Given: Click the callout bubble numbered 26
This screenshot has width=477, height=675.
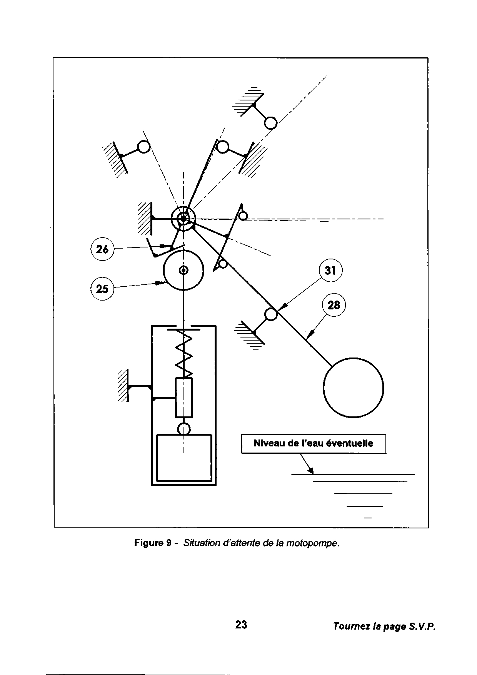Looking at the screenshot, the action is click(x=102, y=250).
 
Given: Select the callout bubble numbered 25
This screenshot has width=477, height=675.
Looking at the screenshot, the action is click(x=102, y=289).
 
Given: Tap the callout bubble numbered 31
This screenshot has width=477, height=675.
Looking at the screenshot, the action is click(x=330, y=271).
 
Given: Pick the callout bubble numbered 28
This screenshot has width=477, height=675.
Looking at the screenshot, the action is click(x=334, y=305).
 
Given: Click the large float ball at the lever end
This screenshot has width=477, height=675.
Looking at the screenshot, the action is click(x=354, y=388).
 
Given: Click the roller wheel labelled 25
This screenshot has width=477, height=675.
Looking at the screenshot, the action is click(x=183, y=270).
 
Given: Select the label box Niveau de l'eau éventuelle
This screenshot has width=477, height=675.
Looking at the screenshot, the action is click(x=313, y=444).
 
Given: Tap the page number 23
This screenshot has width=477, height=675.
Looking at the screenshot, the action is click(x=241, y=625).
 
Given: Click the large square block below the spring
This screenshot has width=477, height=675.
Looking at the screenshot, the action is click(x=184, y=458).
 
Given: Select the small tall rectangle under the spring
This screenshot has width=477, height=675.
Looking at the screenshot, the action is click(x=183, y=398).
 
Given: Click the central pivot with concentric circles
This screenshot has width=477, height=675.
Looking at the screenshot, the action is click(x=183, y=219).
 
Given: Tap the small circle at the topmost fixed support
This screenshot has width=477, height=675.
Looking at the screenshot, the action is click(x=270, y=123).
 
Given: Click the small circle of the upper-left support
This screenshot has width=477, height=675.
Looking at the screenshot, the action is click(x=144, y=147).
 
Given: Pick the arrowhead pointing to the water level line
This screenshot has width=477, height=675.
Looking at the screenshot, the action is click(x=311, y=471).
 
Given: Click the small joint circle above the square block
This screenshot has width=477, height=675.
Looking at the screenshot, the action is click(x=184, y=428).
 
